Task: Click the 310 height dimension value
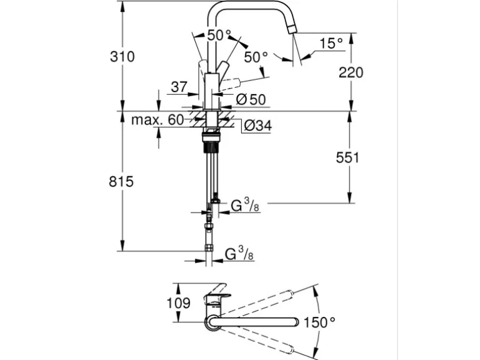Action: [122, 57]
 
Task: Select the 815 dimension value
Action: [122, 182]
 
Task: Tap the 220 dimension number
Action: [350, 72]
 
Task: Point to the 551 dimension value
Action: [347, 158]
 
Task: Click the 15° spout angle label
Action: [331, 43]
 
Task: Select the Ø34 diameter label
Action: [256, 125]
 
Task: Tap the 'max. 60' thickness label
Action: [158, 120]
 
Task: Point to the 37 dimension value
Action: [178, 87]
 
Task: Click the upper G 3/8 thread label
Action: [244, 205]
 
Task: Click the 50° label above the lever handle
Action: [219, 35]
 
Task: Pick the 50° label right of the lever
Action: [256, 57]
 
